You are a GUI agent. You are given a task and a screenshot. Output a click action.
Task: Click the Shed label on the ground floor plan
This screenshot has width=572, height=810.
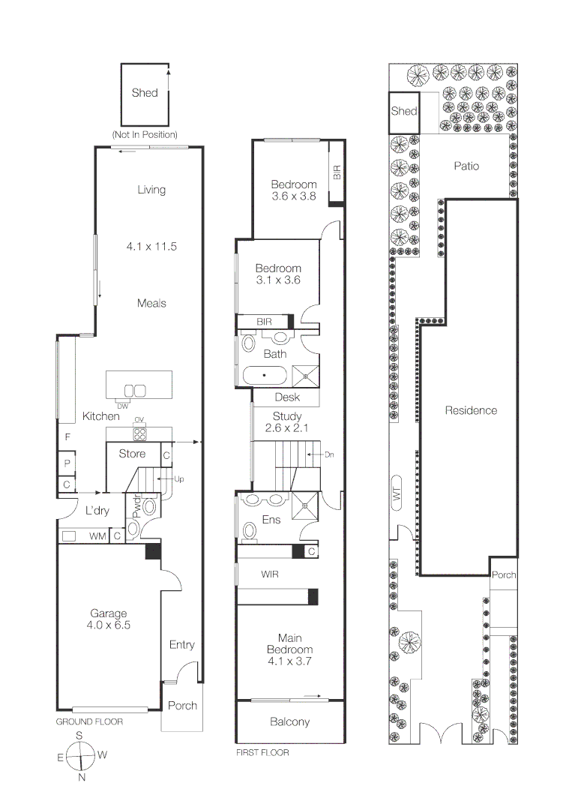click(x=145, y=93)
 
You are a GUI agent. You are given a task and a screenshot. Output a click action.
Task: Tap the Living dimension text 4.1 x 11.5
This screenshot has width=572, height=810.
click(x=151, y=246)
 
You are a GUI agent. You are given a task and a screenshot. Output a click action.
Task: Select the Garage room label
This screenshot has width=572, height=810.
click(x=109, y=613)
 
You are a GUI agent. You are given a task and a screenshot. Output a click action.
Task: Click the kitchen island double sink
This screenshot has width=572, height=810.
click(x=134, y=390)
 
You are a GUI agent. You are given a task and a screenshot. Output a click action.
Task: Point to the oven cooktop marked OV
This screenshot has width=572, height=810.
click(x=139, y=433)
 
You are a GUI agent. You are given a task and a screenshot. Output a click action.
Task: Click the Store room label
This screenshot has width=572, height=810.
click(x=132, y=453)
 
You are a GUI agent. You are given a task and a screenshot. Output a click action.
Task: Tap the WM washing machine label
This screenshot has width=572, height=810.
click(x=97, y=535)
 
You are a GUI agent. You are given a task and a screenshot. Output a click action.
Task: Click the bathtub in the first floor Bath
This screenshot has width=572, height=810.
click(x=263, y=374)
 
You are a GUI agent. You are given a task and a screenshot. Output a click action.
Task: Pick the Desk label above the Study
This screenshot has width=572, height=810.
click(x=287, y=397)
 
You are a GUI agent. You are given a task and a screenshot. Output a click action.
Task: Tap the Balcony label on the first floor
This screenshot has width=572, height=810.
click(x=289, y=721)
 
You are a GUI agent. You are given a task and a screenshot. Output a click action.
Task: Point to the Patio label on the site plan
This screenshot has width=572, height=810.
click(x=466, y=166)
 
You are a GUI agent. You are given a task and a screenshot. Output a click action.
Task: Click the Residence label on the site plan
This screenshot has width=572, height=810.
click(x=471, y=410)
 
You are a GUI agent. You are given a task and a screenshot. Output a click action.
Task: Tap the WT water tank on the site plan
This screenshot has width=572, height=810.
click(x=396, y=492)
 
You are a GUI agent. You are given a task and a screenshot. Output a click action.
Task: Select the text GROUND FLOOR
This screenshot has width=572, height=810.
click(x=89, y=721)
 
